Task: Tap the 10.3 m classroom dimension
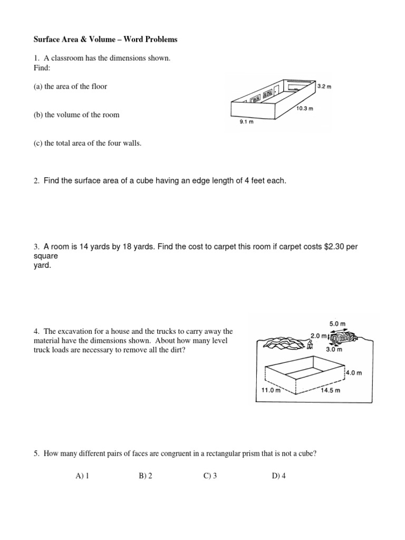304,109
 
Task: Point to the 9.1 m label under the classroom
247,121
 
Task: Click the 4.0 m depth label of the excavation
354,373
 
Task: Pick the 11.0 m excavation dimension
272,391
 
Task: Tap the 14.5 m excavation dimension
331,391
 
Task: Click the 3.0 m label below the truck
334,349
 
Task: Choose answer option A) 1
82,476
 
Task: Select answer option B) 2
146,476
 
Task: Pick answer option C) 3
210,476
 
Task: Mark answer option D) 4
278,476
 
